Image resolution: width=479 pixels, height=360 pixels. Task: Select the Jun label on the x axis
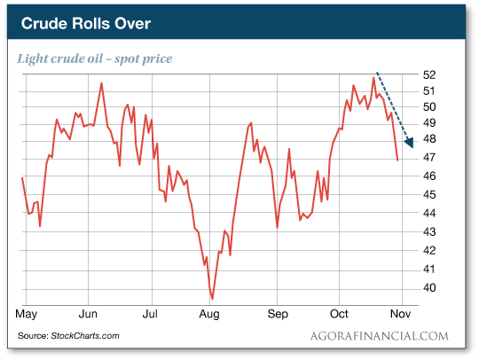pyautogui.click(x=88, y=313)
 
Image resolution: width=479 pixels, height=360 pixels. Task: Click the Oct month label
pyautogui.click(x=340, y=313)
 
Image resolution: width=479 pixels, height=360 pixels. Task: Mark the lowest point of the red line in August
pyautogui.click(x=212, y=298)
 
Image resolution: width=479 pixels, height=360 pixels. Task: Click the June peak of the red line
pyautogui.click(x=101, y=83)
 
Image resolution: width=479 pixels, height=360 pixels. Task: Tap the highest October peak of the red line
pyautogui.click(x=373, y=78)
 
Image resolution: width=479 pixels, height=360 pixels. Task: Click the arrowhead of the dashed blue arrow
pyautogui.click(x=409, y=142)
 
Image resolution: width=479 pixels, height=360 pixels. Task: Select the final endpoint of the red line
pyautogui.click(x=397, y=160)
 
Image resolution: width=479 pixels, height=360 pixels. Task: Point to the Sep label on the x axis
pyautogui.click(x=278, y=313)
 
